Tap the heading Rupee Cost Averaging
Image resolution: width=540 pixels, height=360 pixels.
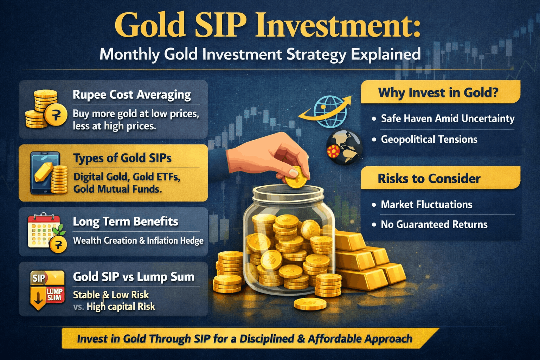pyautogui.click(x=132, y=95)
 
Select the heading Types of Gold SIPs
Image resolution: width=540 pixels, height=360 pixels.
pyautogui.click(x=122, y=158)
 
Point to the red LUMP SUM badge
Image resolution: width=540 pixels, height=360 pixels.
pyautogui.click(x=54, y=294)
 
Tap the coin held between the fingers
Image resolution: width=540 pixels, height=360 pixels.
pyautogui.click(x=295, y=178)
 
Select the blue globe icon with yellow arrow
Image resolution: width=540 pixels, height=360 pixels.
pyautogui.click(x=329, y=111)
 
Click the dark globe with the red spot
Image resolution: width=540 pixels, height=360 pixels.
pyautogui.click(x=344, y=148)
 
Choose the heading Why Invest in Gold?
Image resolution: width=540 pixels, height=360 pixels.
pyautogui.click(x=438, y=93)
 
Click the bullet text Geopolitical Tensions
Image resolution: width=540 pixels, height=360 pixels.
pyautogui.click(x=429, y=140)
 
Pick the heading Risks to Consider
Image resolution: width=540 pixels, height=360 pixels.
pyautogui.click(x=429, y=179)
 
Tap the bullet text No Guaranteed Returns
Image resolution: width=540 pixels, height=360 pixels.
pyautogui.click(x=434, y=225)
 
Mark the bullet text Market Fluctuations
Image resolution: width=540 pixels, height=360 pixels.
pyautogui.click(x=426, y=205)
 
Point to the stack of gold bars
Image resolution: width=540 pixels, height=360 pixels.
pyautogui.click(x=369, y=262)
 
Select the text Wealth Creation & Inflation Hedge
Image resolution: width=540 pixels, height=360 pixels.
pyautogui.click(x=138, y=241)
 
